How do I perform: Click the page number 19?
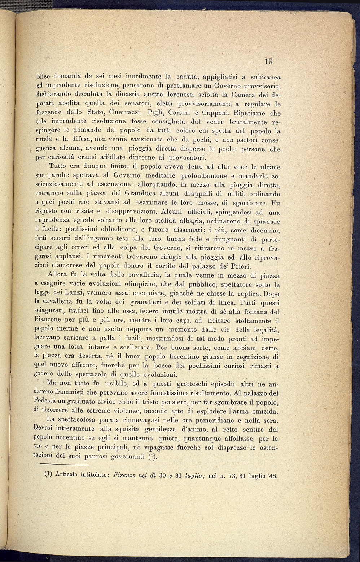click(x=268, y=61)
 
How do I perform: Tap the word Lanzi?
click(x=81, y=293)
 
